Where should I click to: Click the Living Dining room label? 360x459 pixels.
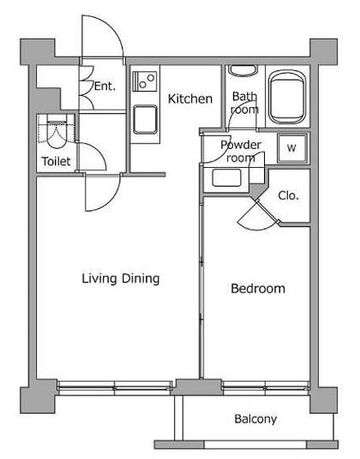(121, 278)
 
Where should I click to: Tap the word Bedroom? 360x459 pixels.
(258, 289)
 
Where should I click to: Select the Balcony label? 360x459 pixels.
(255, 419)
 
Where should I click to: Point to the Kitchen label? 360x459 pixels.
(190, 99)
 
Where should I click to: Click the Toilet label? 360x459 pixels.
(56, 161)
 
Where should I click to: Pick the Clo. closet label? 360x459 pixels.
(288, 195)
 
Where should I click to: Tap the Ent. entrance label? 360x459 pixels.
(105, 86)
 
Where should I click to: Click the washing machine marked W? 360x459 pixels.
(292, 148)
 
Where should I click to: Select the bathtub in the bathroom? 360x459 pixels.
(287, 97)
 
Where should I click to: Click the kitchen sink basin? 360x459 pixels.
(145, 120)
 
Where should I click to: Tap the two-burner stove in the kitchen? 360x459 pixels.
(144, 80)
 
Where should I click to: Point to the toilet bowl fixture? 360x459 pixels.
(56, 134)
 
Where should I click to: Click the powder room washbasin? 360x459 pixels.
(227, 178)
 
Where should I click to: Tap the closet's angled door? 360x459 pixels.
(258, 216)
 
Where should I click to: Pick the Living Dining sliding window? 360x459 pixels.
(115, 388)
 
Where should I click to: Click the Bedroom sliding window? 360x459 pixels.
(266, 388)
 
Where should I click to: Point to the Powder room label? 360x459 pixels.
(241, 152)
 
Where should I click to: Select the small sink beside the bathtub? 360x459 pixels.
(243, 71)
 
